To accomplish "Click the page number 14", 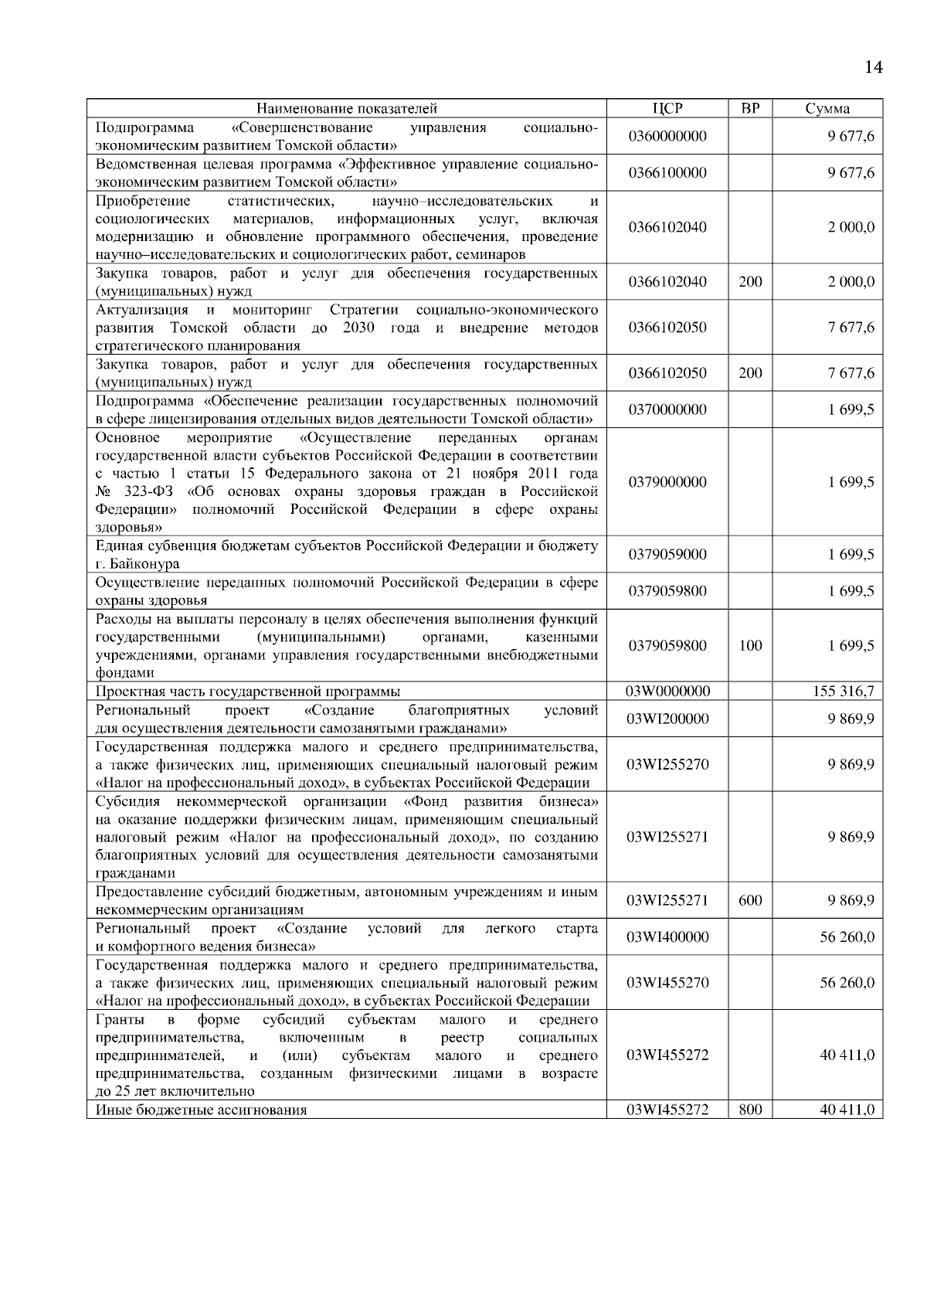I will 873,67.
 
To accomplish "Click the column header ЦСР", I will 667,108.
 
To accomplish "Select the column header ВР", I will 750,108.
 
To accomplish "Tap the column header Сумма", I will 827,108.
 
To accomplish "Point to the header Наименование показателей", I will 347,108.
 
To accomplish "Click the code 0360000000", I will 667,136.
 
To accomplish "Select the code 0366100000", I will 667,172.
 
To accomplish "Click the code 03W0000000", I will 667,691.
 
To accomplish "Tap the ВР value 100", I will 750,646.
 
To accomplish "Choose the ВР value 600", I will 750,900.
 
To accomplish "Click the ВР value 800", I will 750,1110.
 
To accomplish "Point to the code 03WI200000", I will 667,719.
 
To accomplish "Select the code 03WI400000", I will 667,937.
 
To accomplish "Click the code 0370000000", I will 667,410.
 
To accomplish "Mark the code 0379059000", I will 667,555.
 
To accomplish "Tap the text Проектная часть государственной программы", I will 247,692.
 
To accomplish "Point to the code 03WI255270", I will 667,764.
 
